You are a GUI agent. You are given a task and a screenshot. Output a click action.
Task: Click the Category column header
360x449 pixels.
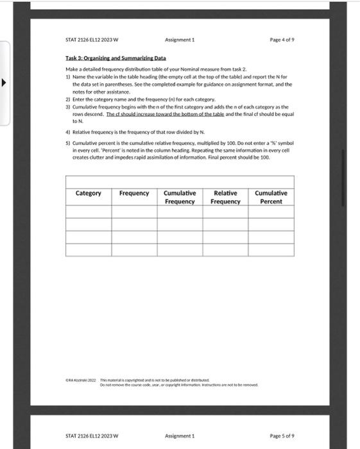click(x=89, y=193)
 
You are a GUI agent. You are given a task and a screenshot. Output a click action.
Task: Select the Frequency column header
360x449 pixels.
click(x=134, y=193)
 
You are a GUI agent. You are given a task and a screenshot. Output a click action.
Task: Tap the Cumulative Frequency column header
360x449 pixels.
click(x=180, y=197)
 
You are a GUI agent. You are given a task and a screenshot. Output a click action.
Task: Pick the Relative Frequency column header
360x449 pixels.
click(x=225, y=197)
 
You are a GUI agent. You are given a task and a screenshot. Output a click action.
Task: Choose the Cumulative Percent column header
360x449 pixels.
click(x=271, y=197)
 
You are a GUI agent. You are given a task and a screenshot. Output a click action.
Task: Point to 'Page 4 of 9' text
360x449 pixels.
click(x=282, y=40)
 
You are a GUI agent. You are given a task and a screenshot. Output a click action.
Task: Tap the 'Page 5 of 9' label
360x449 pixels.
click(x=282, y=436)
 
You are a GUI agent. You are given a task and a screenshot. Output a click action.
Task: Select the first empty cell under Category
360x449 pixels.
click(x=89, y=212)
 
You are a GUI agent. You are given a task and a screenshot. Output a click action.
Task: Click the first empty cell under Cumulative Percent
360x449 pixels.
click(x=271, y=212)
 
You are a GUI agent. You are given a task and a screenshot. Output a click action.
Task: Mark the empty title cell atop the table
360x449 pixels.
click(x=180, y=182)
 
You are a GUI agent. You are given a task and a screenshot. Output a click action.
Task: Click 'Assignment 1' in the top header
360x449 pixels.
click(x=180, y=40)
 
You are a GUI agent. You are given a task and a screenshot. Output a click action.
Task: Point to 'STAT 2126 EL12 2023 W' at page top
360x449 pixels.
click(x=92, y=40)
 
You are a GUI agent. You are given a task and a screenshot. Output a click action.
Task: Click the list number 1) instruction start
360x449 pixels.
click(x=68, y=76)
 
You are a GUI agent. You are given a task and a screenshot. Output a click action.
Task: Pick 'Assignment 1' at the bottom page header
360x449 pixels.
click(x=180, y=436)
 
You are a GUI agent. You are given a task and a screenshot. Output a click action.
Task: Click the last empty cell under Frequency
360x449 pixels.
click(x=134, y=250)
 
